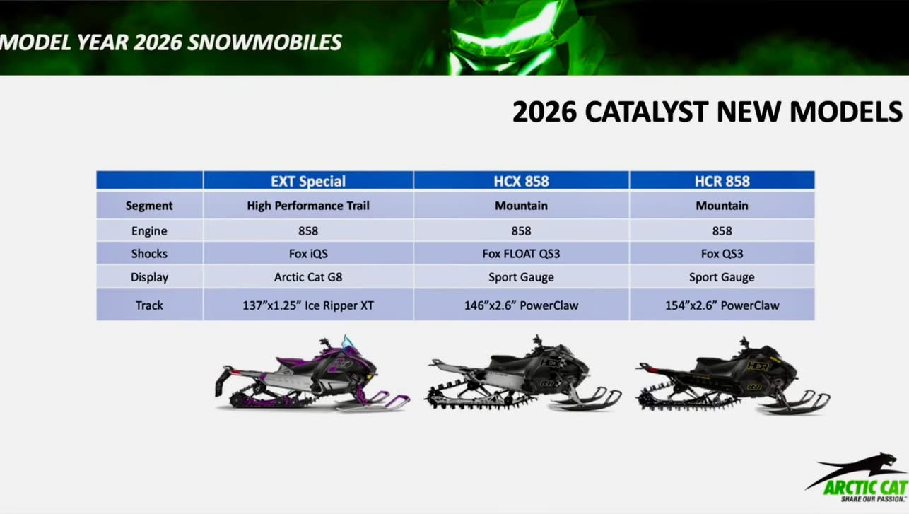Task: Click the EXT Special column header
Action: coord(308,181)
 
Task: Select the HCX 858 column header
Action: coord(521,181)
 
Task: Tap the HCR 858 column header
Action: coord(722,181)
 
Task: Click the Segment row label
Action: coord(149,206)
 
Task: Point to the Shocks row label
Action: coord(149,254)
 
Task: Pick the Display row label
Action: coord(149,277)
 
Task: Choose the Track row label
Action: coord(149,305)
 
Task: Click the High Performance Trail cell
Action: coord(308,206)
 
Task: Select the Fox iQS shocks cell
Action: coord(308,254)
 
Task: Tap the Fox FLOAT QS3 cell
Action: coord(521,254)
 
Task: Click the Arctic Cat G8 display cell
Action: coord(308,277)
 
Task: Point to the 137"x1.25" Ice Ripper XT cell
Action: coord(308,305)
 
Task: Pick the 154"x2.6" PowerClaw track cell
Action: coord(722,305)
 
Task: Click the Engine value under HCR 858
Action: coord(722,231)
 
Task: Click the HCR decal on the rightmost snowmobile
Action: coord(757,367)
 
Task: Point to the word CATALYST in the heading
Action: coord(647,112)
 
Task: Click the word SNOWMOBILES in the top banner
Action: coord(264,42)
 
